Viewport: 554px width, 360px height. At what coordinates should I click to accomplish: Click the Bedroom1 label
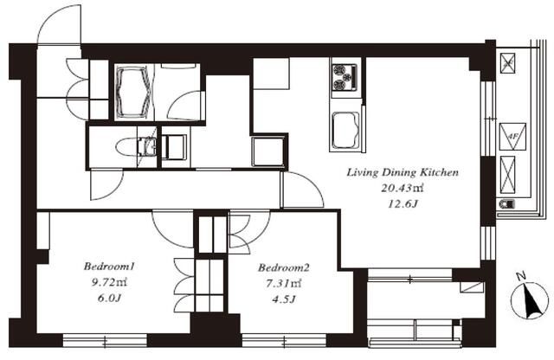[x=109, y=266]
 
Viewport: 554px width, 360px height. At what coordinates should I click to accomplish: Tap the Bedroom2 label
[x=284, y=267]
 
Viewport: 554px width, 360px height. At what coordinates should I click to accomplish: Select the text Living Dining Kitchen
[x=403, y=172]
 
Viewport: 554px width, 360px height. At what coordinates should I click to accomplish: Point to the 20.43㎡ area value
[x=402, y=188]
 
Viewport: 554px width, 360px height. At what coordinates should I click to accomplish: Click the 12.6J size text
[x=403, y=204]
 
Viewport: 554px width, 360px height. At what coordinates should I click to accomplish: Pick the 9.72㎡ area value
[x=109, y=282]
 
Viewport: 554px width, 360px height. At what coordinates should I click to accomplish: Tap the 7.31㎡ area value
[x=284, y=283]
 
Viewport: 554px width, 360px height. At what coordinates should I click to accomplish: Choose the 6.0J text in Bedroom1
[x=109, y=299]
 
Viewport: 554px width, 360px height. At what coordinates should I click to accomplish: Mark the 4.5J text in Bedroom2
[x=284, y=299]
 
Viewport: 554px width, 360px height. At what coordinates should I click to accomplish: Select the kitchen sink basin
[x=346, y=130]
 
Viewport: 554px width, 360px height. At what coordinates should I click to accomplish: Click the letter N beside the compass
[x=521, y=275]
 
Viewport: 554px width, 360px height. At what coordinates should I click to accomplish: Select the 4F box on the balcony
[x=512, y=137]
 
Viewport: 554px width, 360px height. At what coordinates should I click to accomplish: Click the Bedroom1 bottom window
[x=105, y=340]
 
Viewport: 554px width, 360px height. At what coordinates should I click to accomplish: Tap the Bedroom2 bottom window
[x=284, y=340]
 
